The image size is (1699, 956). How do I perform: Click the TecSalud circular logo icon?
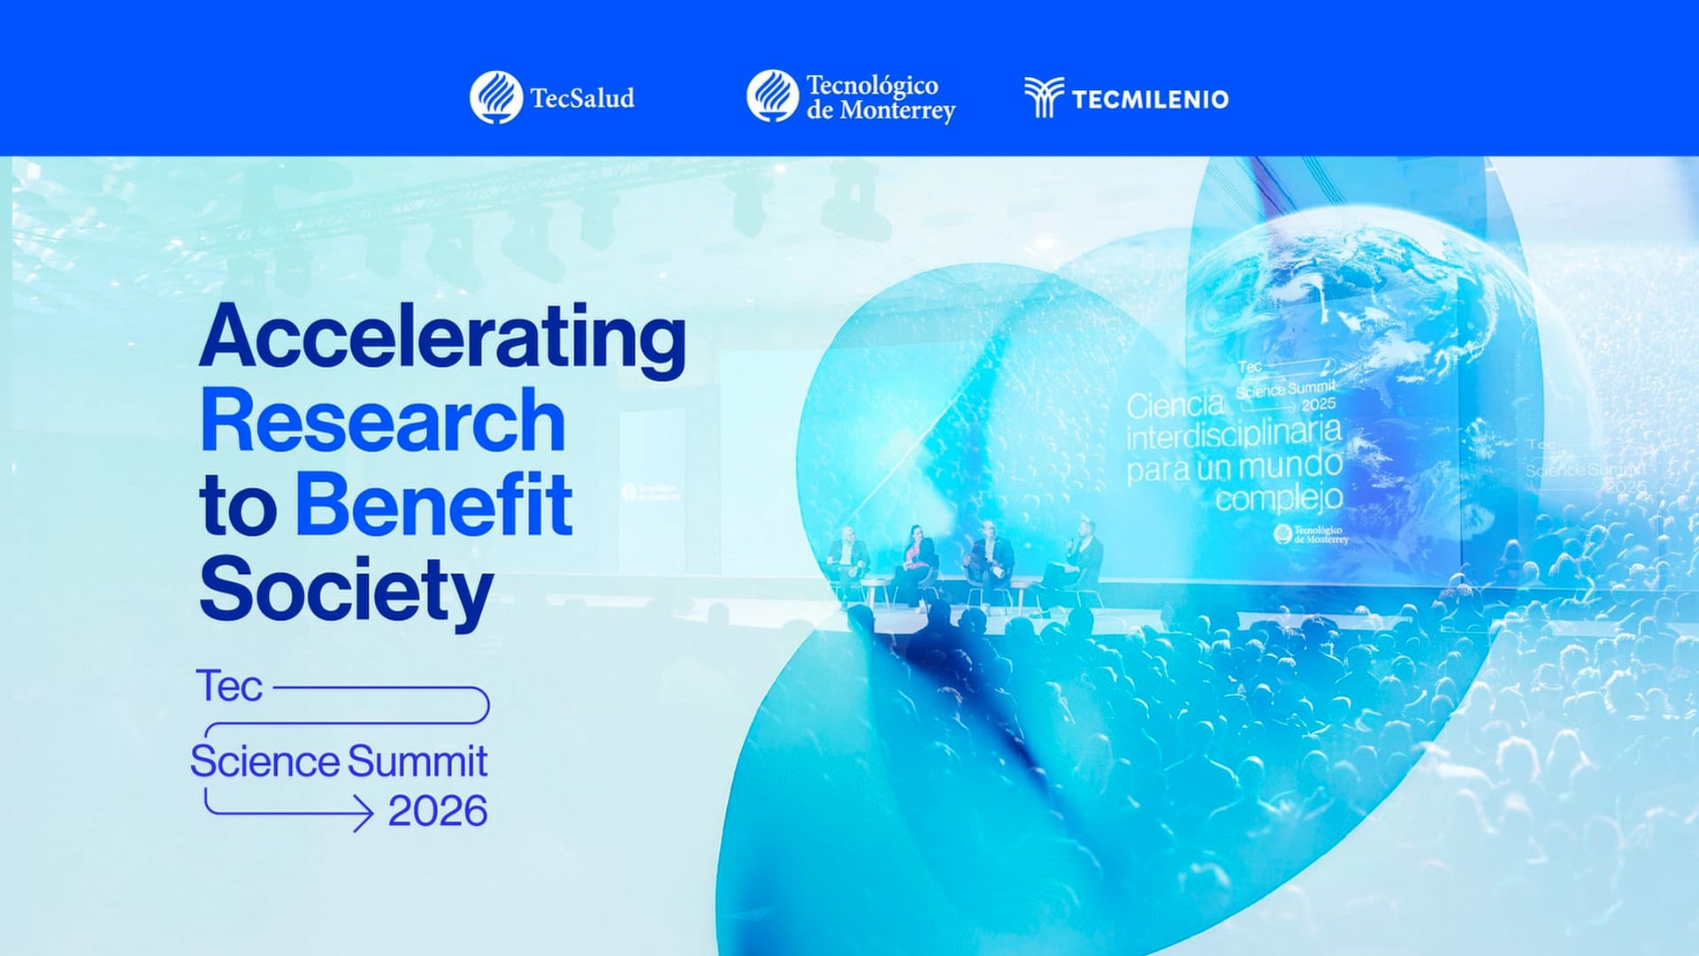click(x=496, y=97)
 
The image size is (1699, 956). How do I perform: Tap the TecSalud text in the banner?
click(x=582, y=98)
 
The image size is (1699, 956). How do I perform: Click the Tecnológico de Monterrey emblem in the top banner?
click(x=772, y=96)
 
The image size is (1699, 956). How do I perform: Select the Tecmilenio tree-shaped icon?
click(x=1044, y=96)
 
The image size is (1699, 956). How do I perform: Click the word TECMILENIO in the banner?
click(x=1150, y=99)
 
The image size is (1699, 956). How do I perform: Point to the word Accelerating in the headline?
click(x=442, y=339)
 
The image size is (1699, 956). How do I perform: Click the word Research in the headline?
click(x=382, y=421)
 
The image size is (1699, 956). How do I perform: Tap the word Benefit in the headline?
click(x=432, y=506)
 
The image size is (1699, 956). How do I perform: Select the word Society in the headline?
click(x=346, y=589)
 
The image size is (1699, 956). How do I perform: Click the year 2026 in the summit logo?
click(x=437, y=812)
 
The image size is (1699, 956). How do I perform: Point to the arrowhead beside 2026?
click(x=363, y=812)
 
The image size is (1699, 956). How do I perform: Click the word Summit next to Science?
click(x=417, y=761)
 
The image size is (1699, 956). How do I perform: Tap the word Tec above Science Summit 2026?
click(x=229, y=687)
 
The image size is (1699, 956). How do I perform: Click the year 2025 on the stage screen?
click(x=1318, y=404)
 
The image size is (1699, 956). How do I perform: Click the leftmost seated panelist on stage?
click(x=848, y=557)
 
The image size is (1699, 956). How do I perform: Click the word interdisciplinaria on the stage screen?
click(x=1234, y=435)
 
